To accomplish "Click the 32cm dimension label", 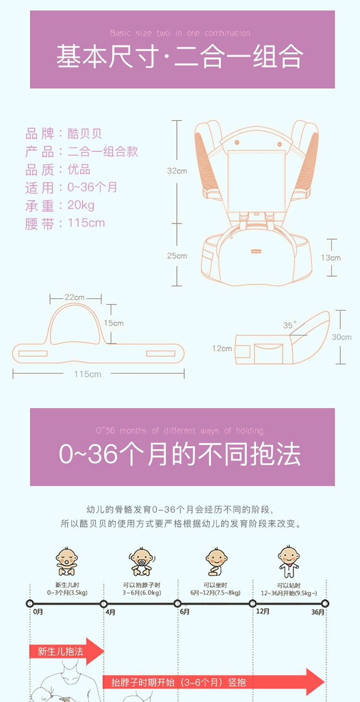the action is [177, 171].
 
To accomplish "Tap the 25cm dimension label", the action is [177, 256].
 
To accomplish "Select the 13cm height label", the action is [331, 258].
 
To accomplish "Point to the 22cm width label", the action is [74, 297].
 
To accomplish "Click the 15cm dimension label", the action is [114, 323].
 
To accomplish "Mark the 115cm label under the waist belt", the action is [88, 374].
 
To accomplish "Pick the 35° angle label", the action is [289, 325].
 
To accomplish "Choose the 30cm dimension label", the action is [341, 337].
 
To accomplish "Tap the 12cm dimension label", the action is [222, 349].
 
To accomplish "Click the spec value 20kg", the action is [81, 206].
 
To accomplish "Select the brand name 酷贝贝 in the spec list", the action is [84, 134].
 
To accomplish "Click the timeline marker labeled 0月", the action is [30, 603].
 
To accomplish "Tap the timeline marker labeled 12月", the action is [252, 603].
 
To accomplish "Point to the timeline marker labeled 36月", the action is [325, 603].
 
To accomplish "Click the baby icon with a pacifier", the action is [142, 562].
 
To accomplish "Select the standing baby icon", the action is [288, 562].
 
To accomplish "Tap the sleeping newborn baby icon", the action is [66, 562].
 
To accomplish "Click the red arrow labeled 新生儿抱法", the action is [67, 652].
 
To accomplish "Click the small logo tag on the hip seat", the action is [256, 251].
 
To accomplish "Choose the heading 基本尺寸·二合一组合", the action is [180, 56].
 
